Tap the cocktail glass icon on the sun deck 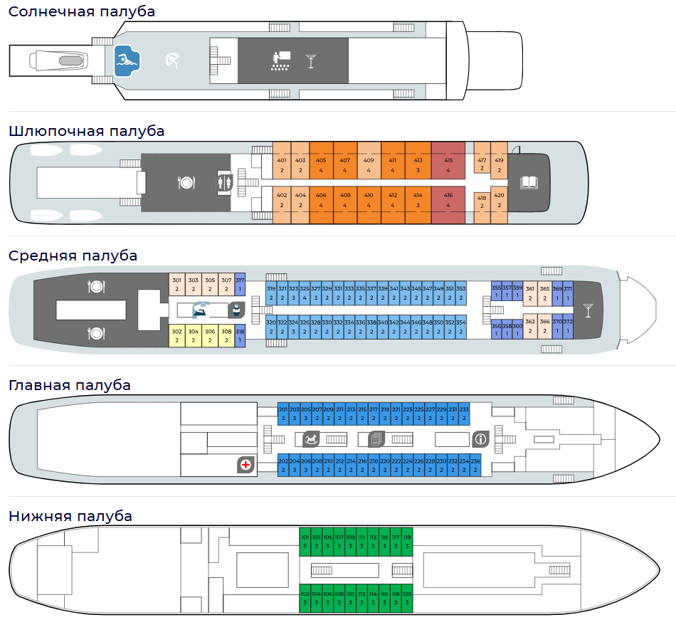[310, 61]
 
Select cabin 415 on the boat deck [448, 165]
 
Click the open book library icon [529, 183]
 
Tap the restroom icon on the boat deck [225, 182]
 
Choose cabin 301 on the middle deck [176, 284]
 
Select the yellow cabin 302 [176, 335]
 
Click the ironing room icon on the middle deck [201, 310]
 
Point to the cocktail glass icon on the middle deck [588, 310]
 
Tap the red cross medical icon [245, 465]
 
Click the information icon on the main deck [480, 438]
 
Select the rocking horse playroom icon [312, 438]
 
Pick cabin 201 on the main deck [282, 413]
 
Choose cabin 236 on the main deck [475, 465]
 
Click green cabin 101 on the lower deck [305, 540]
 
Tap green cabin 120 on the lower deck [407, 597]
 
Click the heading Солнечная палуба [82, 12]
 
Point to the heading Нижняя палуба [70, 516]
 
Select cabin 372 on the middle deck [568, 327]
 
